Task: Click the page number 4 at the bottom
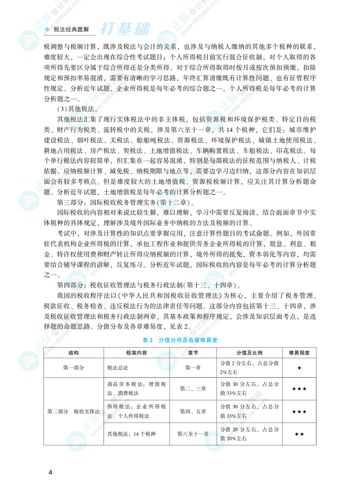pyautogui.click(x=50, y=472)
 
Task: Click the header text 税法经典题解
pyautogui.click(x=71, y=29)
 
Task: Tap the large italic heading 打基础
pyautogui.click(x=124, y=28)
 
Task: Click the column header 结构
pyautogui.click(x=73, y=353)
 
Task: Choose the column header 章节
pyautogui.click(x=193, y=353)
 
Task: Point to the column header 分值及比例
pyautogui.click(x=249, y=353)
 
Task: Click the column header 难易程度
pyautogui.click(x=299, y=353)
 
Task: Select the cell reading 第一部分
pyautogui.click(x=73, y=367)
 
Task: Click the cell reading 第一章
pyautogui.click(x=193, y=367)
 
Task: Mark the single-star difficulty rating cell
pyautogui.click(x=299, y=367)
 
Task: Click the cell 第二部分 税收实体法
pyautogui.click(x=73, y=412)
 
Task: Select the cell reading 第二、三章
pyautogui.click(x=193, y=388)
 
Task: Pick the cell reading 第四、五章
pyautogui.click(x=193, y=412)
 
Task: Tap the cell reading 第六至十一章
pyautogui.click(x=193, y=434)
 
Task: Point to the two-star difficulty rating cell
pyautogui.click(x=299, y=434)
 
